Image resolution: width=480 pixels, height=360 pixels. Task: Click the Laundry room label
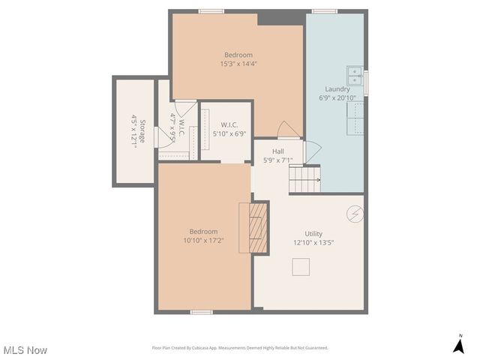pos(337,88)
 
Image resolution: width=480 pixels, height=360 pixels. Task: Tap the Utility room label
pos(313,233)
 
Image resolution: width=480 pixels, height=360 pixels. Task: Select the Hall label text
pos(277,151)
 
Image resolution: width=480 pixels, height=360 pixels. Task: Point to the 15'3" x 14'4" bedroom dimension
pos(238,64)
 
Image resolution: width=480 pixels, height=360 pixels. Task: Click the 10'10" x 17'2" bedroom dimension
pos(203,241)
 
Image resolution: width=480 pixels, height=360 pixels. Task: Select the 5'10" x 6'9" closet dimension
pos(229,133)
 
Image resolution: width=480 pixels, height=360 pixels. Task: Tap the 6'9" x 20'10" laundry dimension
pos(337,98)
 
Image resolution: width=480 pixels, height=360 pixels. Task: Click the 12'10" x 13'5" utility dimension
pos(313,243)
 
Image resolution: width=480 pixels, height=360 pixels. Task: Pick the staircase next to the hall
pos(304,181)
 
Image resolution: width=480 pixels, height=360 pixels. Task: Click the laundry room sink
pos(355,76)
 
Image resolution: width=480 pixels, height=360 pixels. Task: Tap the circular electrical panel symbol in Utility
pos(354,214)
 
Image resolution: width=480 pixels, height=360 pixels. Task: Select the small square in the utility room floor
pos(301,267)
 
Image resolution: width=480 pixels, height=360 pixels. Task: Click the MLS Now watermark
pos(25,350)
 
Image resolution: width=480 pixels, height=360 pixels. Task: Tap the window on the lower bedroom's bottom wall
pos(200,312)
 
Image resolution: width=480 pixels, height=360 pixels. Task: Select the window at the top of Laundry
pos(324,10)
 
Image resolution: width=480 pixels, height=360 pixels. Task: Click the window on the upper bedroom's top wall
pos(211,10)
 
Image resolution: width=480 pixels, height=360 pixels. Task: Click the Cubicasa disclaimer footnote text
pos(240,348)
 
